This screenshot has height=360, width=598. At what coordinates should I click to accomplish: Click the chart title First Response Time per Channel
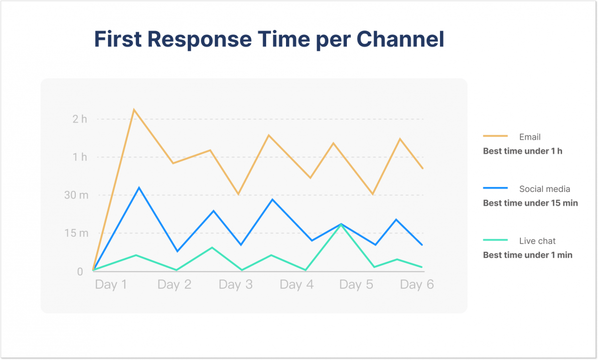[269, 39]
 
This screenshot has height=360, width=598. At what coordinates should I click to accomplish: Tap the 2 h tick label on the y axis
[79, 119]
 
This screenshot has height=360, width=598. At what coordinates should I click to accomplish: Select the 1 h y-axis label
[80, 157]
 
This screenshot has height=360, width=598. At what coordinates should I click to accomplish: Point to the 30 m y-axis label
[76, 195]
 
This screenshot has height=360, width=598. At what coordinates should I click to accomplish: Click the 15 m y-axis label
[76, 233]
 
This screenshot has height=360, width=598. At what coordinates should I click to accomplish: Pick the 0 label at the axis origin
[80, 272]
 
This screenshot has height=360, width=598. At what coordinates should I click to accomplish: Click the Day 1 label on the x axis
[111, 285]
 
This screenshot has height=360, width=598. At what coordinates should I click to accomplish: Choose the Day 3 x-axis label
[236, 285]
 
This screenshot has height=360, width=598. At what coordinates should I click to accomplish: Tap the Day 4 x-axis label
[297, 285]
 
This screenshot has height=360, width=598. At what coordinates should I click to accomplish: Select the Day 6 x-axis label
[417, 285]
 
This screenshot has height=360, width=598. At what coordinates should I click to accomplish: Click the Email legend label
[530, 137]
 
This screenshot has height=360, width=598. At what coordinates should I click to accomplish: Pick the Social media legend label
[544, 189]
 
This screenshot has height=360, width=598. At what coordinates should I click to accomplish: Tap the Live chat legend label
[537, 241]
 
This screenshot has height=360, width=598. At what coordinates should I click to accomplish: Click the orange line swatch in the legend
[495, 136]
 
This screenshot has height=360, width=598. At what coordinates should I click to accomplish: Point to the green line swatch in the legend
[495, 240]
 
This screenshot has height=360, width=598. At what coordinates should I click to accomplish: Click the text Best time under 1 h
[522, 151]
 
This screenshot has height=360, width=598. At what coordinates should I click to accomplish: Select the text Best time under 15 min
[530, 203]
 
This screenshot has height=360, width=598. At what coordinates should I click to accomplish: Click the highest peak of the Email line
[134, 109]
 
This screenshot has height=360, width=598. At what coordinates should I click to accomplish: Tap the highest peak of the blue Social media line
[139, 187]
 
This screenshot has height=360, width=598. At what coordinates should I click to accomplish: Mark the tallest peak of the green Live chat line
[342, 224]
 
